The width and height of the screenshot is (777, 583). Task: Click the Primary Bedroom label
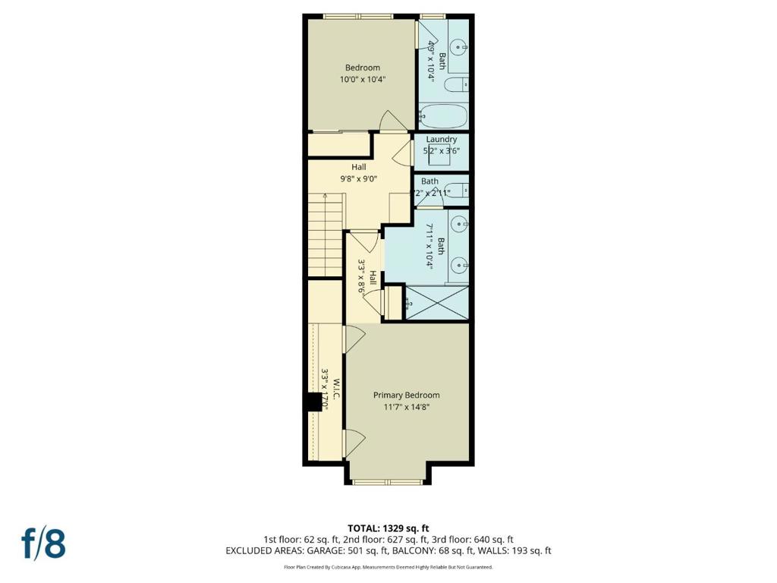pos(406,395)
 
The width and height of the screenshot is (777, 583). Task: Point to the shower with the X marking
pos(438,303)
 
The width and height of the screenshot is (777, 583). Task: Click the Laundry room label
pos(441,140)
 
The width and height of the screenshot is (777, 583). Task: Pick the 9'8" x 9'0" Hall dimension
pos(358,179)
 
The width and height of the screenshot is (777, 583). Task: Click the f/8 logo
pos(43,544)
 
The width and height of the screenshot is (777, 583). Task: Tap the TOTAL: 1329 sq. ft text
pos(388,528)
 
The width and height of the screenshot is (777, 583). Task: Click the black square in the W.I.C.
pos(313,402)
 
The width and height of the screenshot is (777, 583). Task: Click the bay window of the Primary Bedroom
pos(388,481)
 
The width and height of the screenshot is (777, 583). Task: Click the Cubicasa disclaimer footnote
pos(388,567)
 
